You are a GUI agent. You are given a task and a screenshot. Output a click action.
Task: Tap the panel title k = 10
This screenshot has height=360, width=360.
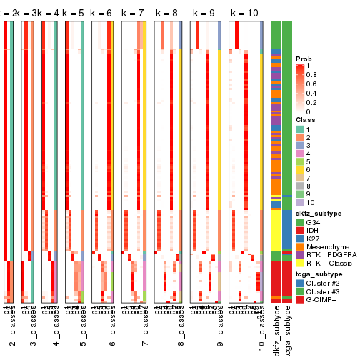[244, 14]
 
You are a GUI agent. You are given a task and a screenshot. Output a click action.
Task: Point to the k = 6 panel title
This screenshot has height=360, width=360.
[100, 14]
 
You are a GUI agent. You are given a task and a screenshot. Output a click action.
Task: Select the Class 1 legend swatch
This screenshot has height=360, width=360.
[300, 129]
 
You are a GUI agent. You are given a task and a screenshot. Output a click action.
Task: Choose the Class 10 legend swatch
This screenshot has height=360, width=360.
[300, 203]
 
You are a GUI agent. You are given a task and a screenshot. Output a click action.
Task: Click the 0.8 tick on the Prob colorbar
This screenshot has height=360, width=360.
[312, 74]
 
